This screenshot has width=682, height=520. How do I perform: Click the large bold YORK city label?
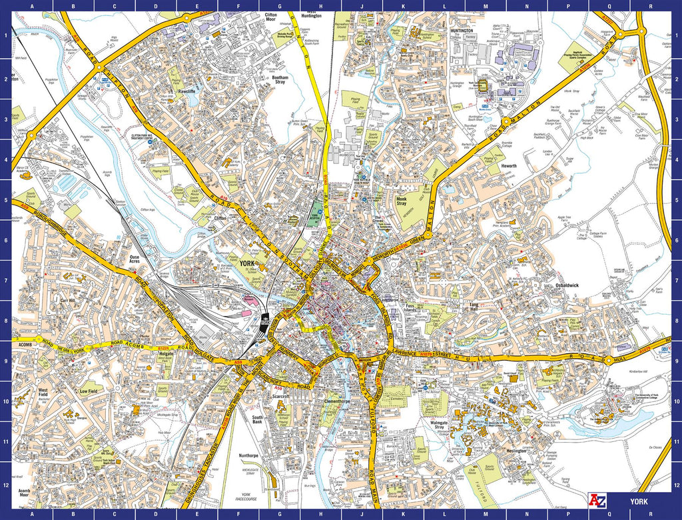(x=244, y=264)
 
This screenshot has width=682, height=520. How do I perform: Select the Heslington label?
(x=516, y=451)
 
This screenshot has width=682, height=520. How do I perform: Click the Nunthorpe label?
(x=248, y=455)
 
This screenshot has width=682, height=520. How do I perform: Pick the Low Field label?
(x=89, y=392)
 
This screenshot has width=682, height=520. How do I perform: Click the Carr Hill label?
(x=67, y=300)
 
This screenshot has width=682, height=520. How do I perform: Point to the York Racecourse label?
(x=251, y=495)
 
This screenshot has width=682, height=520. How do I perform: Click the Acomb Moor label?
(x=24, y=493)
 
